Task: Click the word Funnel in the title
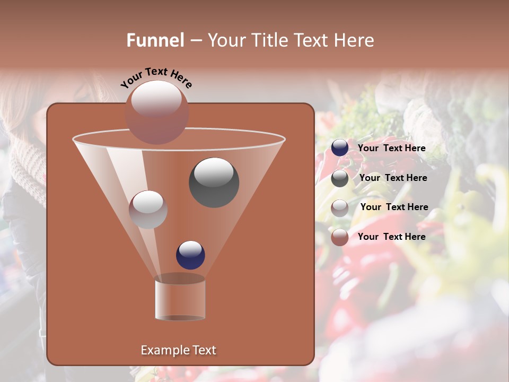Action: click(155, 40)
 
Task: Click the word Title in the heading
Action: click(269, 40)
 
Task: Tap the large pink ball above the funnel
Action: click(156, 112)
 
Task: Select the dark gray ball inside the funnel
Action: click(214, 182)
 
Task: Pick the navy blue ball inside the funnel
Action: click(190, 255)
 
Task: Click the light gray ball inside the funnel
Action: click(148, 210)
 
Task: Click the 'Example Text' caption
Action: click(178, 350)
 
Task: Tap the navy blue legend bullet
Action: click(340, 148)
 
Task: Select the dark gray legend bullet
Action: click(340, 178)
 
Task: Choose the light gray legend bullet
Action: click(340, 208)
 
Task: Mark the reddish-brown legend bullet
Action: click(340, 237)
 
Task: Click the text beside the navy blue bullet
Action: click(391, 148)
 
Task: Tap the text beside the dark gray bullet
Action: click(393, 178)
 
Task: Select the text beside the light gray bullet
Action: click(394, 207)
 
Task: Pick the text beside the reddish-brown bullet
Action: click(391, 237)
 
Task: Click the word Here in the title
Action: click(355, 40)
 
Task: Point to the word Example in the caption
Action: click(163, 350)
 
